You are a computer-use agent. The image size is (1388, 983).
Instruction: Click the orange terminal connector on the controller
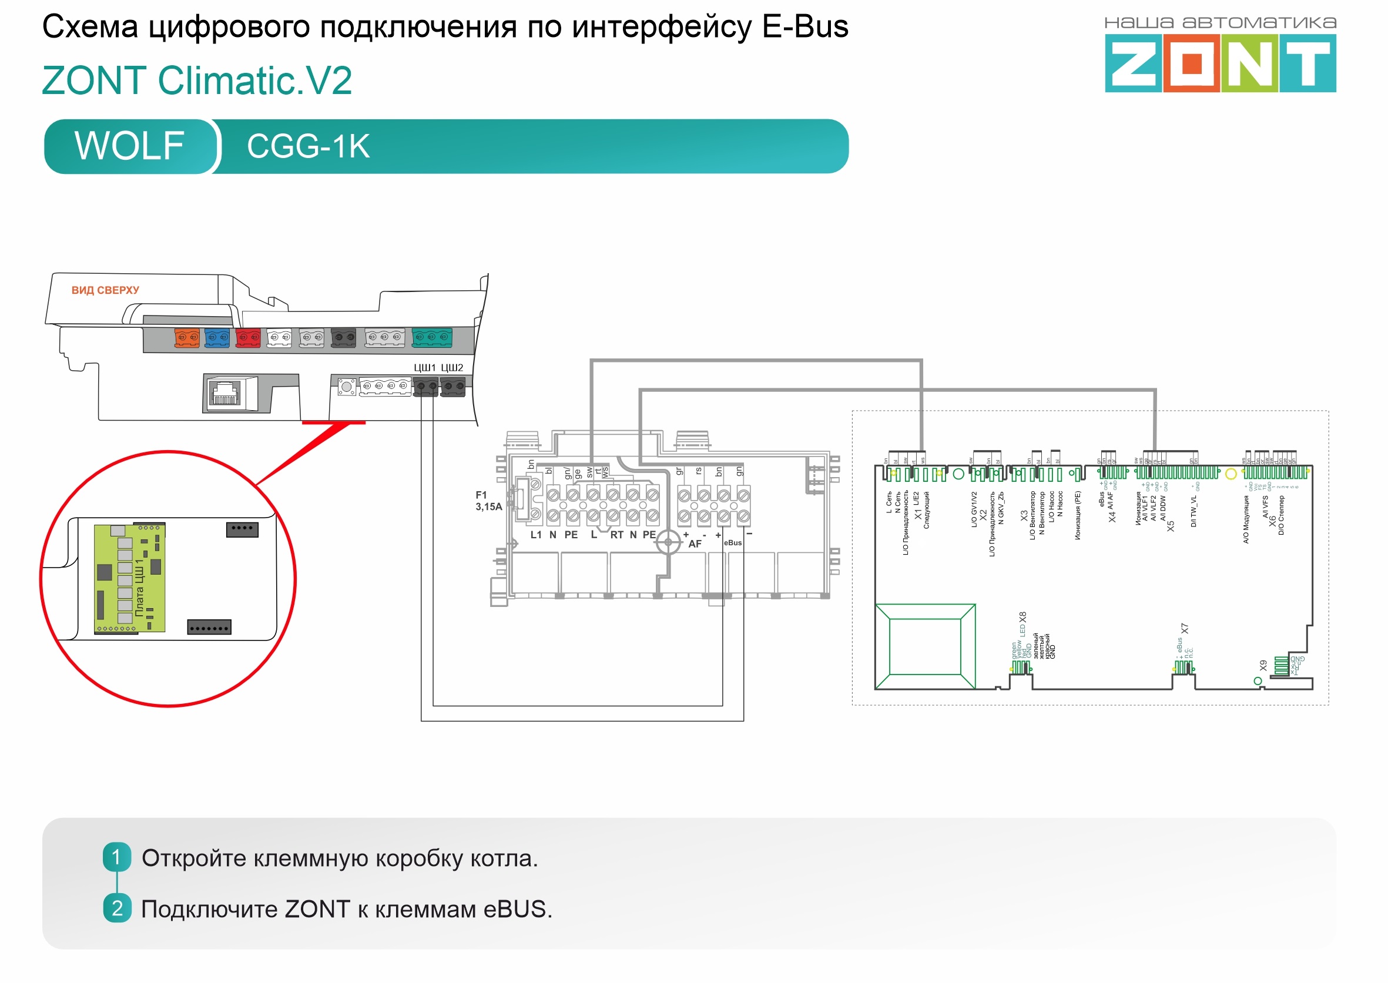186,338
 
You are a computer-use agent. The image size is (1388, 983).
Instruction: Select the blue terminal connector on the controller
217,338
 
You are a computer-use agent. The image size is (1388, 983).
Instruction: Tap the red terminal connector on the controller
247,338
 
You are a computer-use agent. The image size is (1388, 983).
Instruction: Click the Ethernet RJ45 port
224,394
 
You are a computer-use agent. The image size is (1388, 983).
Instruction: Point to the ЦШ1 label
424,367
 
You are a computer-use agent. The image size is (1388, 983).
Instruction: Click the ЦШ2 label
451,367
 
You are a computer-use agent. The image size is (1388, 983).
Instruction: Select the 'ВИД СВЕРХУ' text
105,290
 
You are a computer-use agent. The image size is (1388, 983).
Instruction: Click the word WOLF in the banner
129,146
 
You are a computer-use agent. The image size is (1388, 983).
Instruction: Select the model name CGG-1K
308,146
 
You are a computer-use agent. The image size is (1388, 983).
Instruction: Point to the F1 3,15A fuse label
488,501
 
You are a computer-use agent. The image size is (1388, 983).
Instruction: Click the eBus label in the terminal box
732,543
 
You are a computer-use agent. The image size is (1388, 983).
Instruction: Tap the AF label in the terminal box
695,544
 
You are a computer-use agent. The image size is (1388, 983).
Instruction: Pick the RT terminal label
616,535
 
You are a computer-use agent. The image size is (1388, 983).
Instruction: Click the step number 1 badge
117,857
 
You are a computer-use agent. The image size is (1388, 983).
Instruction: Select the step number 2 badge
117,908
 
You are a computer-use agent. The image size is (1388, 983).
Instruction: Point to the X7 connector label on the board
1184,629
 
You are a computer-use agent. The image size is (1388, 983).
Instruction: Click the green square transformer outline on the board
925,646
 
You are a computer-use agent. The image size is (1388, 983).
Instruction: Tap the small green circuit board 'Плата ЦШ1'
129,579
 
